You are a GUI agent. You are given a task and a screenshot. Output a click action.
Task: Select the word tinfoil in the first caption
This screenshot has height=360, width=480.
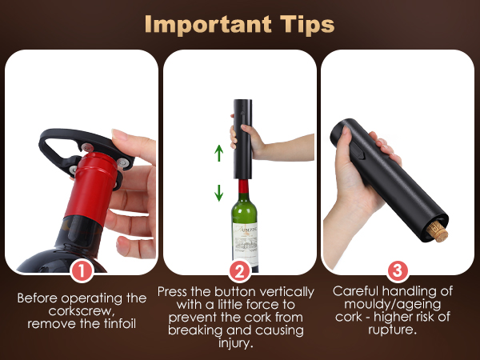tap(118, 324)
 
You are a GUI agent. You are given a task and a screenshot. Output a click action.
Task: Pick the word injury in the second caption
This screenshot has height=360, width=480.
tap(238, 344)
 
